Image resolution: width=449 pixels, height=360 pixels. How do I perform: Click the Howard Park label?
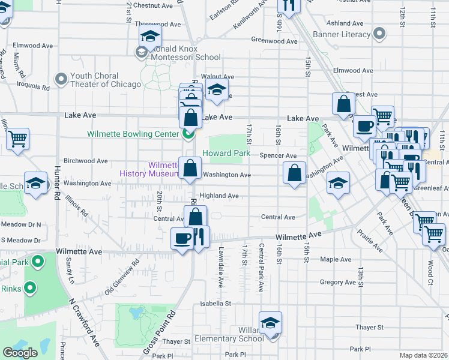(x=226, y=153)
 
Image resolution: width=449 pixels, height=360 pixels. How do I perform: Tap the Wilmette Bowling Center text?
(x=133, y=134)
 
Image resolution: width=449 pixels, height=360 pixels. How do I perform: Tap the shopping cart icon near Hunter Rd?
(x=18, y=139)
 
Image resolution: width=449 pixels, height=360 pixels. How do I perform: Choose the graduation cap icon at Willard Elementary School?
(x=271, y=323)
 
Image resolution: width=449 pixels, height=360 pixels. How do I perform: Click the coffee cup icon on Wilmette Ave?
(x=182, y=239)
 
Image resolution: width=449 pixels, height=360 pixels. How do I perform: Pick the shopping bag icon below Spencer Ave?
(x=294, y=174)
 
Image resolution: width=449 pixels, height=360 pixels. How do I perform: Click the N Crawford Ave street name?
(x=85, y=323)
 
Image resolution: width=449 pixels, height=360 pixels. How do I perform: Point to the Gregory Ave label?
(x=339, y=282)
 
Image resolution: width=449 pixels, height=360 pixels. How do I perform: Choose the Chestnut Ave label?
(x=152, y=5)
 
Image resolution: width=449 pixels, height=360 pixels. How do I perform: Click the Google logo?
(x=20, y=353)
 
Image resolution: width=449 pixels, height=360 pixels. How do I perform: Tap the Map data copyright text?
(x=423, y=355)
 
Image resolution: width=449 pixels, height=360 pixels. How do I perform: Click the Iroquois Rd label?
(x=34, y=86)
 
